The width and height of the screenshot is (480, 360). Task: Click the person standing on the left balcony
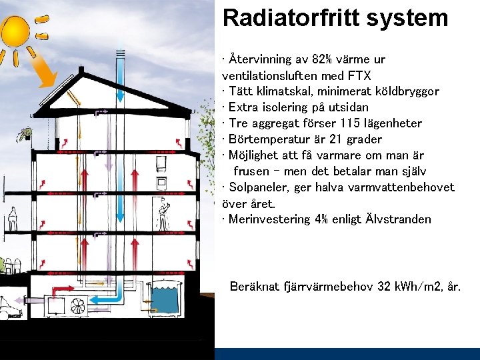point(12,219)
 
